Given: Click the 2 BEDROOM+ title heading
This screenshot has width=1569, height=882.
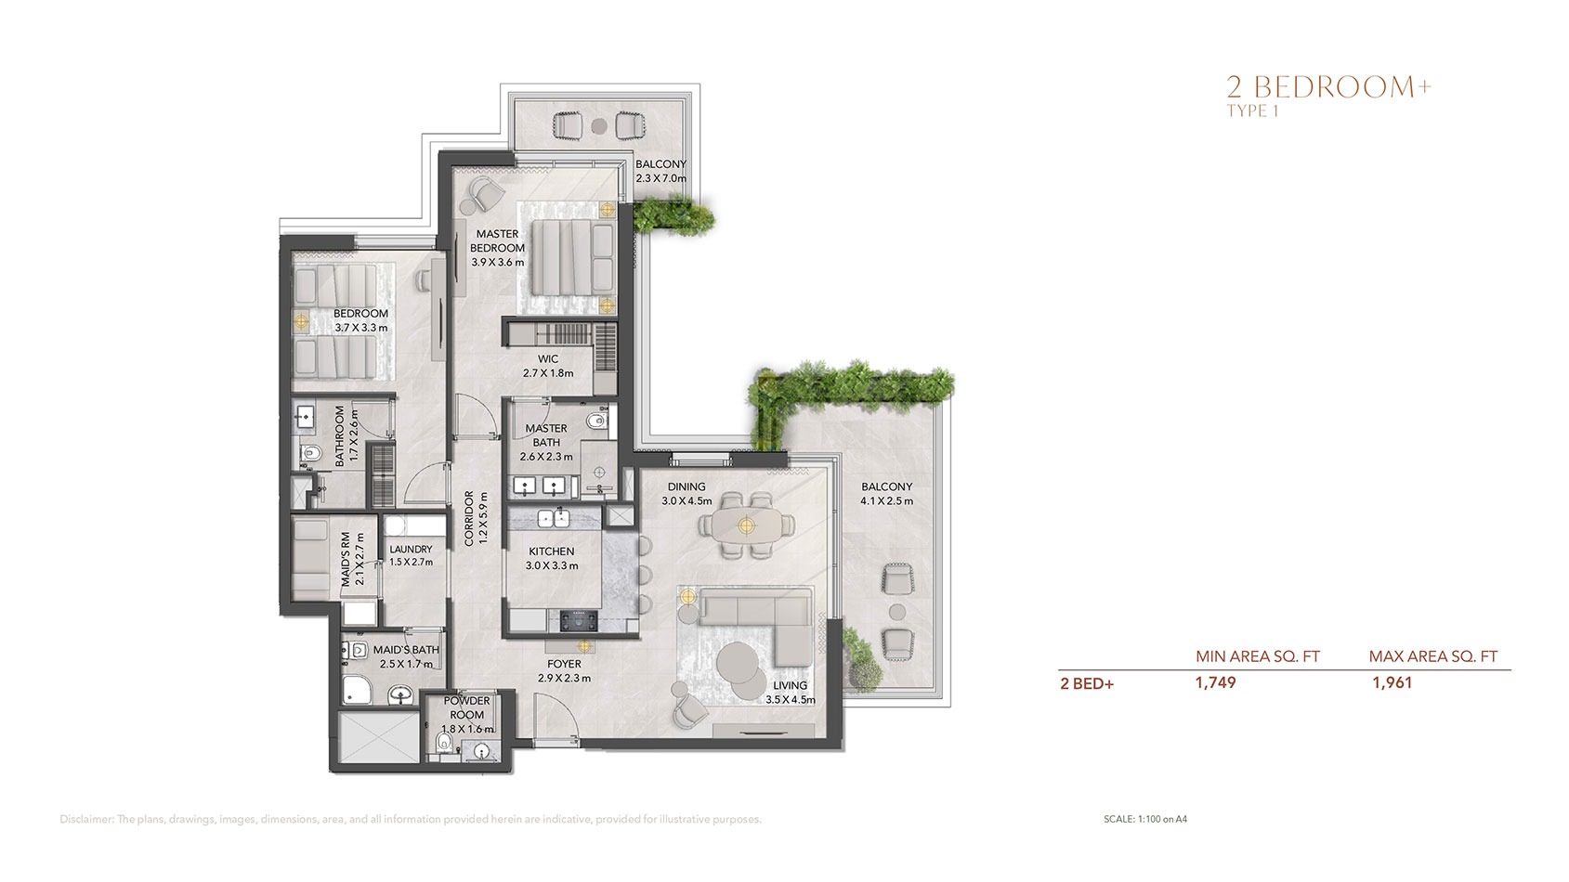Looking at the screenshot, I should click(x=1328, y=87).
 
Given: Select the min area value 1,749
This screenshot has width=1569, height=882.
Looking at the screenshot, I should click(x=1215, y=682).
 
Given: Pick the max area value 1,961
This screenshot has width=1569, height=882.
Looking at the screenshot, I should click(x=1392, y=682).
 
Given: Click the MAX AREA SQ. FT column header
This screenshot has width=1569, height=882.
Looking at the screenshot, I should click(x=1432, y=656).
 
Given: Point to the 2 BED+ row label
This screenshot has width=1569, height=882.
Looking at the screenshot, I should click(x=1086, y=683).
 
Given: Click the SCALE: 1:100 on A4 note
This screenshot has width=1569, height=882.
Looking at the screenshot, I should click(x=1144, y=819).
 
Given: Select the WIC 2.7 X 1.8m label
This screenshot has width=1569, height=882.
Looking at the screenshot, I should click(x=547, y=366).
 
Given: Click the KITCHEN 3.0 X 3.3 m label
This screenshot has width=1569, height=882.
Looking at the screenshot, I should click(x=552, y=558).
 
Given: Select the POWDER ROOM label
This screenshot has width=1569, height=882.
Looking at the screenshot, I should click(x=466, y=707).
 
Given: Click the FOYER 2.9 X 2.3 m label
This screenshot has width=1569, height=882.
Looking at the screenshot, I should click(x=564, y=670).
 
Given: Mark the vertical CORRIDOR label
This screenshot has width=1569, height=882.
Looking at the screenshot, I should click(x=470, y=518).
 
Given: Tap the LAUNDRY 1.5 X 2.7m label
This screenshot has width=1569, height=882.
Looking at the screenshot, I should click(x=411, y=555).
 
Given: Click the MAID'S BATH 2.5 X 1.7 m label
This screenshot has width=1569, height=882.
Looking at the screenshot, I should click(x=406, y=656).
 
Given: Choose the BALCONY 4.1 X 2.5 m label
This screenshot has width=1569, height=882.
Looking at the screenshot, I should click(x=886, y=493).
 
